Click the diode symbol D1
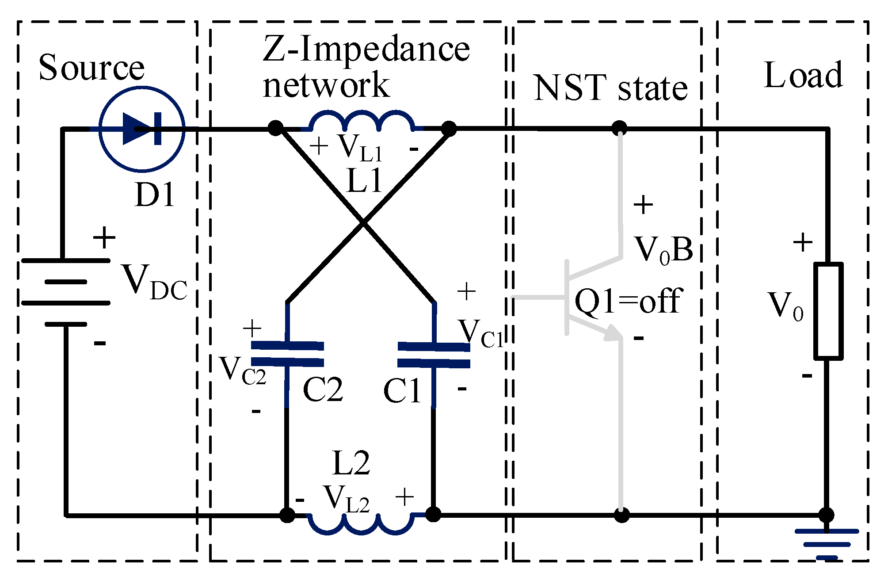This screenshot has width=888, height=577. [142, 129]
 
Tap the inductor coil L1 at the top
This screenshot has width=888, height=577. [362, 121]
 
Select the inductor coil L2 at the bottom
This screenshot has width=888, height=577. [361, 524]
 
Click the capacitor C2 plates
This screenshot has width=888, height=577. [287, 354]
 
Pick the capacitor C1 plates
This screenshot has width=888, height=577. [434, 355]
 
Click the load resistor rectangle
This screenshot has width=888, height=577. [828, 310]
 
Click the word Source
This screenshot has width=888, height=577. [91, 67]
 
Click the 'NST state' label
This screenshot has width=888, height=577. [610, 88]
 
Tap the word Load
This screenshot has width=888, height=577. [803, 75]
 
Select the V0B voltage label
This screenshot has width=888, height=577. [663, 250]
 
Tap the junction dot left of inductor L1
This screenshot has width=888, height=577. [275, 129]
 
